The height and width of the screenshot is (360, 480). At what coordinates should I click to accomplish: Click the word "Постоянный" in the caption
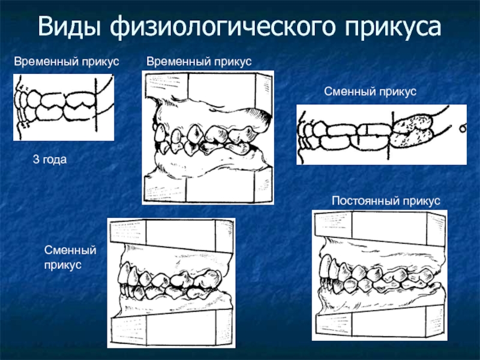click(x=362, y=200)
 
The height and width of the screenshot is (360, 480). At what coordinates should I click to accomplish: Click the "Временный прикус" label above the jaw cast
click(x=200, y=61)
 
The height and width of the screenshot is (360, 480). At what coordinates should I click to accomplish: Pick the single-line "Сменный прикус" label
click(x=370, y=91)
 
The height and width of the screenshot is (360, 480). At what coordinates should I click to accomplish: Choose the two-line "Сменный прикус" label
click(x=71, y=256)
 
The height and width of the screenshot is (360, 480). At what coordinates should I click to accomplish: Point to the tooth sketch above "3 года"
click(x=64, y=107)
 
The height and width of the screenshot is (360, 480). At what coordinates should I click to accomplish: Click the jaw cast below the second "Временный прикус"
click(x=207, y=138)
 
